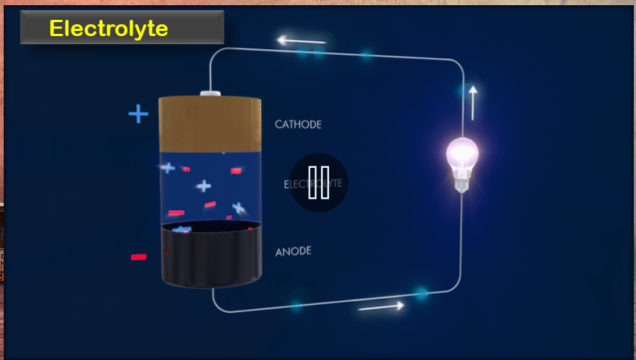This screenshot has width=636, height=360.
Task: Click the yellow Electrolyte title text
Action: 108,29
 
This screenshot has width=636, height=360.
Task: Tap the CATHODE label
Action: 298,124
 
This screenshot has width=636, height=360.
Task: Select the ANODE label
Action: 293,252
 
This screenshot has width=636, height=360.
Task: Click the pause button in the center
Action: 319,183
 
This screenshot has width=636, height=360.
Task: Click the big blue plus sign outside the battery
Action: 138,114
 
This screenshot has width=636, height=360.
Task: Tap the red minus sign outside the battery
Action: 138,257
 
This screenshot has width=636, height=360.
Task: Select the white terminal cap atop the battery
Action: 211,93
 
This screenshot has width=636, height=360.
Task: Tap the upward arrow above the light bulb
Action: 473,102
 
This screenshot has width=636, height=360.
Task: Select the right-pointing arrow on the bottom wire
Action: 381,306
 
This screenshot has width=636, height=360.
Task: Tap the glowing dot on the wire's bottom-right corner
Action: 421,294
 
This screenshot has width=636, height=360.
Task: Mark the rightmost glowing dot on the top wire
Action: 366,54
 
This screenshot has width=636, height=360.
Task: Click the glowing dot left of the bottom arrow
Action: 296,306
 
